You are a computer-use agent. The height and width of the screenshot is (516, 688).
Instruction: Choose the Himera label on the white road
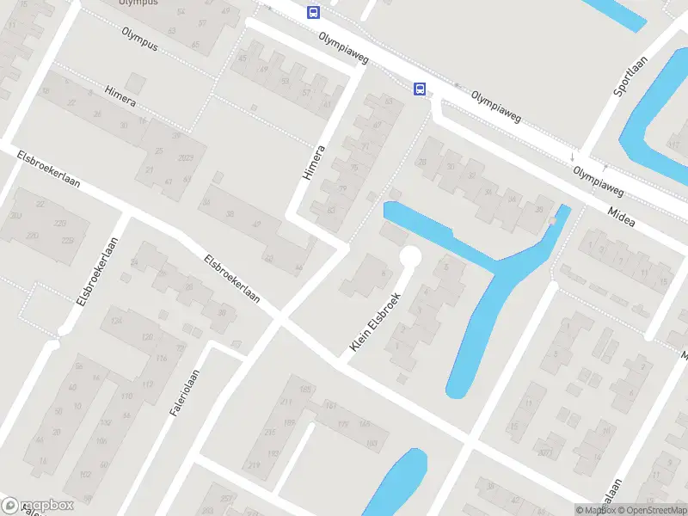pos(314,162)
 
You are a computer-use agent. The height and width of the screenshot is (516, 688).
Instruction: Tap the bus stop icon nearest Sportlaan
pos(420,89)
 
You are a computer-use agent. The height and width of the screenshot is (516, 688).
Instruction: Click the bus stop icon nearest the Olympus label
pos(313,12)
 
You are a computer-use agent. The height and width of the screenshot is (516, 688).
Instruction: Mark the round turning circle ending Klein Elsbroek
pos(410,256)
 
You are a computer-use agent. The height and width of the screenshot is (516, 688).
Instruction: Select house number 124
pos(118,322)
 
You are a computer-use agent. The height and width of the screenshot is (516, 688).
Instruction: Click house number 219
pos(254,464)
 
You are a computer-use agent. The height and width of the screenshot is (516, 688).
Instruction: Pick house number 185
pos(304,390)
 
